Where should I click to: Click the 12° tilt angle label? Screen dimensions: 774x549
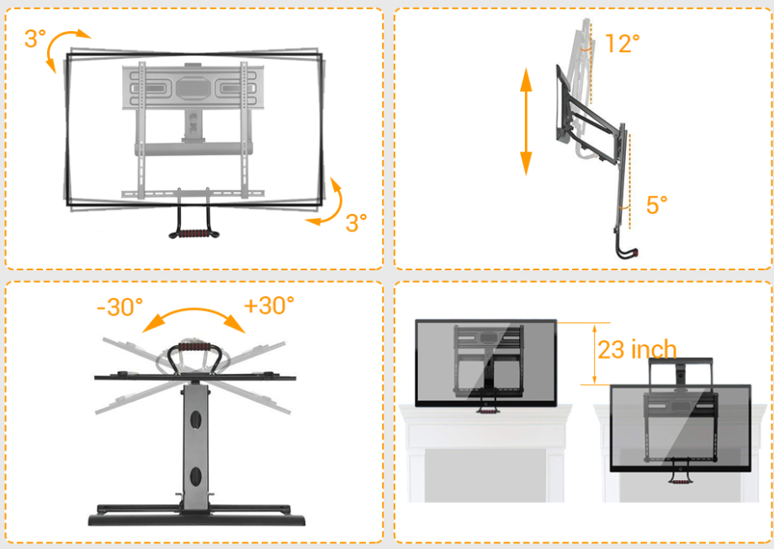pos(622,44)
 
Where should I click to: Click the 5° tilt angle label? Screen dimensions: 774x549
pos(656,205)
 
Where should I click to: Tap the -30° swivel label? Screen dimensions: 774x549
pos(120,306)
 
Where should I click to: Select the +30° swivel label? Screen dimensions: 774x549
pos(269,306)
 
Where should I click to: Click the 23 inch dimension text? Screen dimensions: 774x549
pos(637,349)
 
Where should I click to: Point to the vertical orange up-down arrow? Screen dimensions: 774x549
pos(526,121)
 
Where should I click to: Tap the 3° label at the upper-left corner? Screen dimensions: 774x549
pos(35,39)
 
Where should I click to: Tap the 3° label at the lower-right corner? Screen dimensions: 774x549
pos(356,223)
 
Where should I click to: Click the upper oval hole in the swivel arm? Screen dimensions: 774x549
pos(196,420)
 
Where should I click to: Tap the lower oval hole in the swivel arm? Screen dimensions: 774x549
pos(196,477)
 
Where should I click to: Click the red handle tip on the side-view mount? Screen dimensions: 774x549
pos(636,253)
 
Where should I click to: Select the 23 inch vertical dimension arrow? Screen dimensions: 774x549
pos(594,354)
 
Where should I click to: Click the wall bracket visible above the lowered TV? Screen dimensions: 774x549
pos(681,370)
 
